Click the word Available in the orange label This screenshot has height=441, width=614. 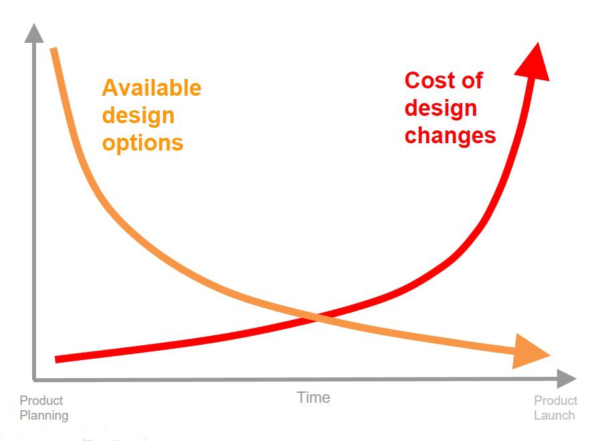[x=151, y=88]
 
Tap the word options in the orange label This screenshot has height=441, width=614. [x=142, y=143]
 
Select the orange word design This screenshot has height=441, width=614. [x=138, y=115]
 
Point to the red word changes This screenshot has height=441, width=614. [x=450, y=135]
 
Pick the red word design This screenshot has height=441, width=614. [x=441, y=108]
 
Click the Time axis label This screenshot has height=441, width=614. [x=313, y=398]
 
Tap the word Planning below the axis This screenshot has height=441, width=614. [x=43, y=416]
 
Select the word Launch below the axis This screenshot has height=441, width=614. [x=554, y=416]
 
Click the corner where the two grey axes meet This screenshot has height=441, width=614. [x=34, y=379]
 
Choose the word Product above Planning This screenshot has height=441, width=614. [x=41, y=401]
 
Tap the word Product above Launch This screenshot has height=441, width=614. [x=555, y=401]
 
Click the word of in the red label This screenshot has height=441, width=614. [x=472, y=80]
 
